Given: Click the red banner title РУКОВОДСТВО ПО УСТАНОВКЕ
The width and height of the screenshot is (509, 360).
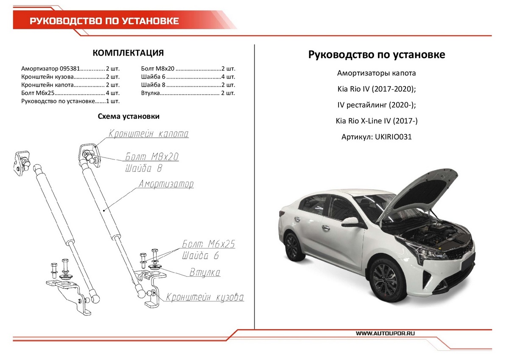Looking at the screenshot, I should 104,21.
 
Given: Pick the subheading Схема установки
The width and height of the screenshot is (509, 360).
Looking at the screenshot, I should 129,116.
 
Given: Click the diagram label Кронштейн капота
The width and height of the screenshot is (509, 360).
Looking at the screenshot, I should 148,134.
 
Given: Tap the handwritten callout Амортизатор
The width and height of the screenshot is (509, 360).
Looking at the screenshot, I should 166,184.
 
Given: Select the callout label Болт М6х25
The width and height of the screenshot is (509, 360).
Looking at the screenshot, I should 208,244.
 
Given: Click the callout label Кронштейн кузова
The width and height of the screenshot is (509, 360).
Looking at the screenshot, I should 205,298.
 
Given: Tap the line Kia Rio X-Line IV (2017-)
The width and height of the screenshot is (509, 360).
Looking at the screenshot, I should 377,121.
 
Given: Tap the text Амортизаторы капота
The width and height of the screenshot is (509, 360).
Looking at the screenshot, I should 377,73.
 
